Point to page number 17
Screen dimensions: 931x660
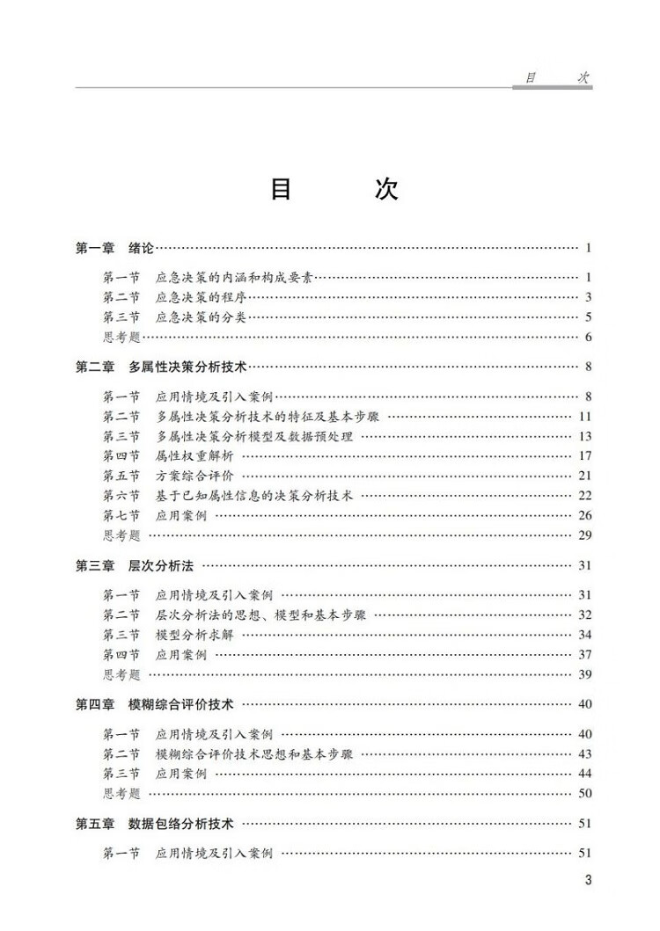click(585, 455)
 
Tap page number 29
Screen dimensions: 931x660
click(585, 535)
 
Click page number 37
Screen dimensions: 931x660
click(585, 654)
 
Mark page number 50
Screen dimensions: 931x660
click(585, 793)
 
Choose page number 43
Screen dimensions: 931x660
click(585, 753)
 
